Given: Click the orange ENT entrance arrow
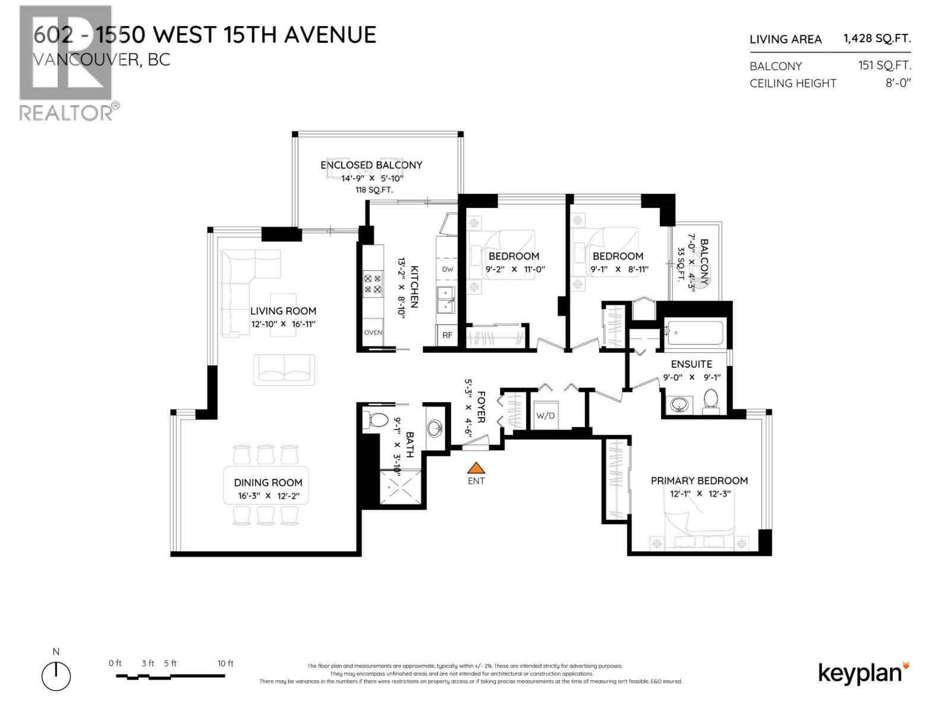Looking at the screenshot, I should click(475, 468).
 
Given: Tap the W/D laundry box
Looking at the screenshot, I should click(545, 415).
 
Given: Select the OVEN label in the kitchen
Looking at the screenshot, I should click(373, 333).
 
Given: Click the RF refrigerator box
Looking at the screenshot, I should click(447, 335).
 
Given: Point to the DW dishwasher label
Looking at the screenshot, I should click(448, 269).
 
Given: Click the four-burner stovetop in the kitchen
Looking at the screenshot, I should click(373, 283).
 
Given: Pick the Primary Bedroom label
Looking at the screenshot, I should click(699, 481).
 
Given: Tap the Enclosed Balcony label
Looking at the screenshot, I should click(371, 165).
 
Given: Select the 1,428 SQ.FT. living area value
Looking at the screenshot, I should click(877, 39).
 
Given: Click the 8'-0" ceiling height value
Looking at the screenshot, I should click(898, 83).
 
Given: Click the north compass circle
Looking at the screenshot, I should click(56, 676).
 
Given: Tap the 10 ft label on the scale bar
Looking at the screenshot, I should click(225, 663).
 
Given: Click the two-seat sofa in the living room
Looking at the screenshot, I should click(285, 369).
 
